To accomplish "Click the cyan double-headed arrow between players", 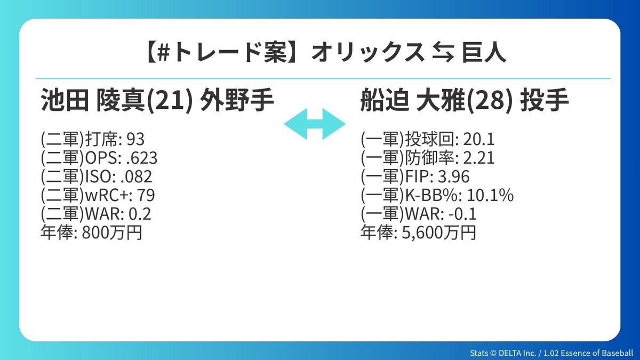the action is coord(315,124).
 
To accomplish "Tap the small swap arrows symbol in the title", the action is coord(443,53).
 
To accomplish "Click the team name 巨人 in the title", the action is coord(484,53).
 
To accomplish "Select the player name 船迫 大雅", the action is coord(412,100).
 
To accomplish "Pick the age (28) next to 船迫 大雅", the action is coord(489,101).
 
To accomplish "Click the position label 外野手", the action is coord(237,100).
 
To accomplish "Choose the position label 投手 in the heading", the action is coord(545,100).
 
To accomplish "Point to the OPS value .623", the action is coord(142,158).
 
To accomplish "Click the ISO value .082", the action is coord(137,177).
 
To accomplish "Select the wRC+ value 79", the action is coord(146,195).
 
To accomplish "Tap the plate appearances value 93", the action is coord(135,139).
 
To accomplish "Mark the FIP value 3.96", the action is coord(454,177).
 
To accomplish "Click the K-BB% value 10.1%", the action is coord(490,195).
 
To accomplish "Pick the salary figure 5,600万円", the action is coord(439,233).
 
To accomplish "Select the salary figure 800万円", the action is coord(112,233).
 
